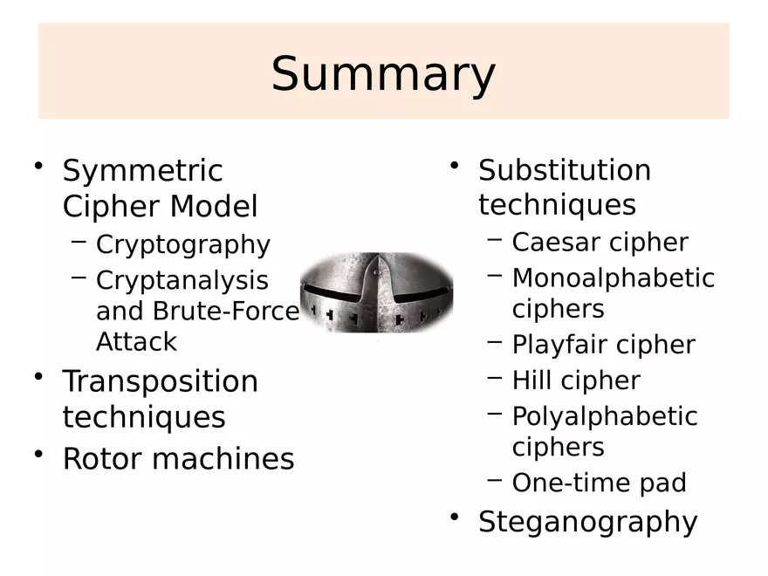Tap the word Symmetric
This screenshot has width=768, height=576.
(142, 170)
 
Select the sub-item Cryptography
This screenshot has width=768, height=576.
(182, 244)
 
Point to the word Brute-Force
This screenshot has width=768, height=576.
(226, 311)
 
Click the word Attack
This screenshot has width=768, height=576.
(136, 341)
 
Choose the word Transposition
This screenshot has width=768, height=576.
(160, 381)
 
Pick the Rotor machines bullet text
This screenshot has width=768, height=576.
(178, 459)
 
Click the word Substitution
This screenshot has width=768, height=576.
(564, 169)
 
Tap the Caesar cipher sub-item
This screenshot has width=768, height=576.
(600, 242)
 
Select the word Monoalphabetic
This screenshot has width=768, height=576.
(613, 278)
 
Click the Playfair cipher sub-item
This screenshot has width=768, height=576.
(603, 345)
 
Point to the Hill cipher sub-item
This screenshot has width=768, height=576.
(575, 381)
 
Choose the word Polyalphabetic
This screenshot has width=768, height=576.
(604, 416)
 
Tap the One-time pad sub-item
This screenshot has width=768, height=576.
(599, 483)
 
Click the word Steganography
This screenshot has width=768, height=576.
(587, 521)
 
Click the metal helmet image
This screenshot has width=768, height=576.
(377, 293)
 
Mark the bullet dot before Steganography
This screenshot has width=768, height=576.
(454, 517)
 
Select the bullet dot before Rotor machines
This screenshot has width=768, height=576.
(38, 455)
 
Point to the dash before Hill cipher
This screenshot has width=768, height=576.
(495, 378)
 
